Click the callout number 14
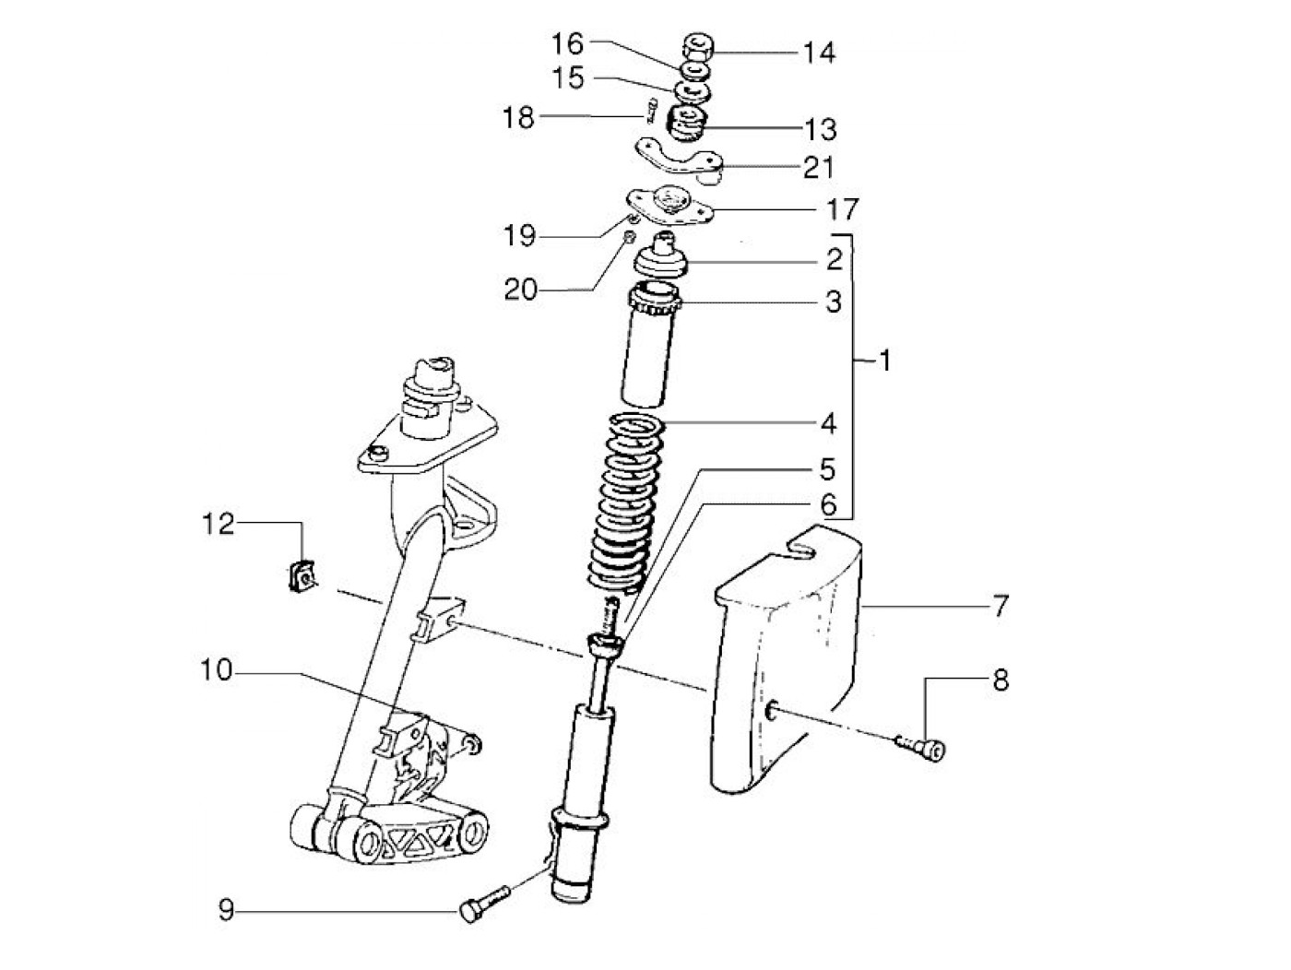[x=818, y=53]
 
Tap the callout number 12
[x=219, y=525]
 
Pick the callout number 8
[x=1001, y=680]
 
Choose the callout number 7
[x=1001, y=606]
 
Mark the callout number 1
[x=883, y=361]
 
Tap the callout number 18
[x=518, y=118]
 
